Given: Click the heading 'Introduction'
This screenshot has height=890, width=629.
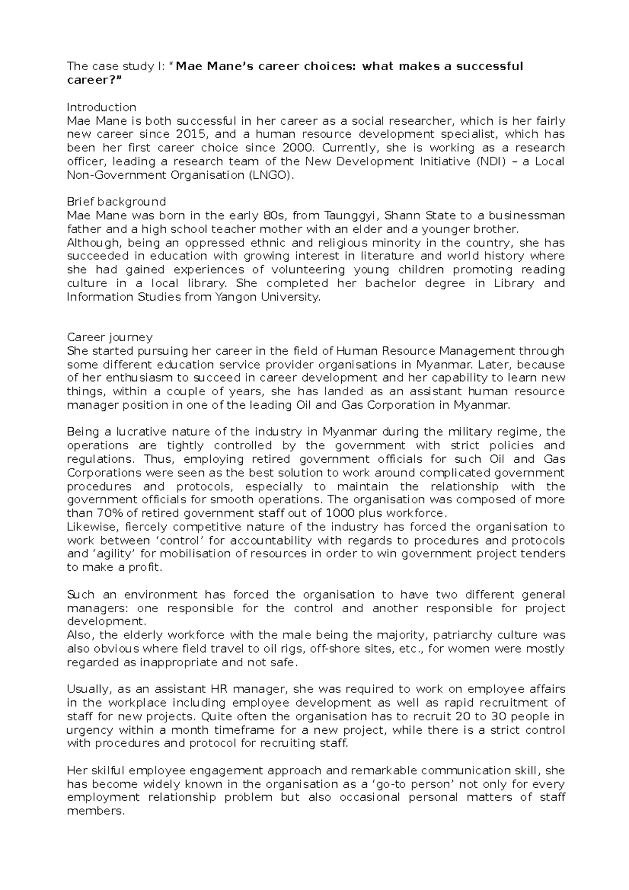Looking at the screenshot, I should coord(101,107).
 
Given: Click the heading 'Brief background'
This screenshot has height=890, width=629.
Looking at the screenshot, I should coord(116,202).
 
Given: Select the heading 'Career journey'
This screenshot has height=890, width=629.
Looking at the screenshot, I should coord(110,337).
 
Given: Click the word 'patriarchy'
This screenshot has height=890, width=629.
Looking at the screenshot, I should coord(459,635).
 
